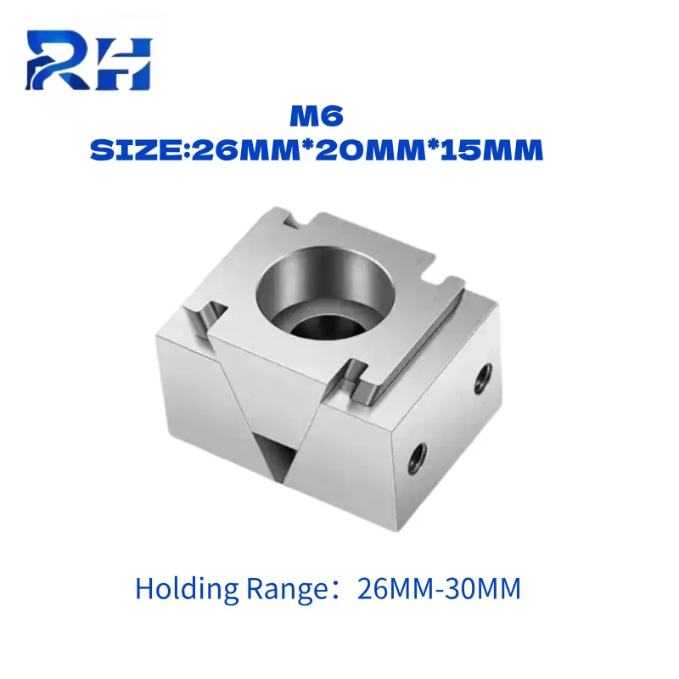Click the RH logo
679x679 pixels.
(x=88, y=59)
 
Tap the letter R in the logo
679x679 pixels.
(x=59, y=59)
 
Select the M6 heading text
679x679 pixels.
(x=317, y=117)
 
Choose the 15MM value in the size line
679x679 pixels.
(x=491, y=150)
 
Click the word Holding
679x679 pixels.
(x=187, y=589)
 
